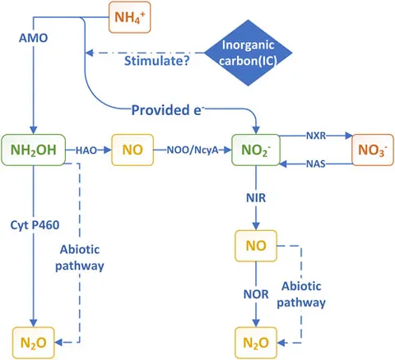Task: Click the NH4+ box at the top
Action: [x=130, y=17]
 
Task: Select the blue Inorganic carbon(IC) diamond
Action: [x=249, y=53]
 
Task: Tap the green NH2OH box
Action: [x=34, y=150]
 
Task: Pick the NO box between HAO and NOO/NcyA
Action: [x=132, y=150]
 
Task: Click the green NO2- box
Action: [x=256, y=150]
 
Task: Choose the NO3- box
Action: [x=373, y=150]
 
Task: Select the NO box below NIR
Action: [x=256, y=246]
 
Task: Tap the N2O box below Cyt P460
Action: [x=34, y=343]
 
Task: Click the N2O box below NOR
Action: [x=256, y=343]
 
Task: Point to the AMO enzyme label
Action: [x=33, y=38]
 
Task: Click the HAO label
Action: [x=86, y=150]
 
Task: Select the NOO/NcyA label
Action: [x=193, y=150]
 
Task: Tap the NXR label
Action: [x=316, y=136]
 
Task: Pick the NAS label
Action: [x=316, y=164]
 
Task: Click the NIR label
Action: [x=256, y=198]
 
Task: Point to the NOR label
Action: [x=256, y=294]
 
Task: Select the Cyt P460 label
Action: [x=35, y=225]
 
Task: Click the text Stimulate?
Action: [x=157, y=61]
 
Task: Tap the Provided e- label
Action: [x=168, y=110]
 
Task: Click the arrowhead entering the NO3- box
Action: [x=349, y=136]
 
